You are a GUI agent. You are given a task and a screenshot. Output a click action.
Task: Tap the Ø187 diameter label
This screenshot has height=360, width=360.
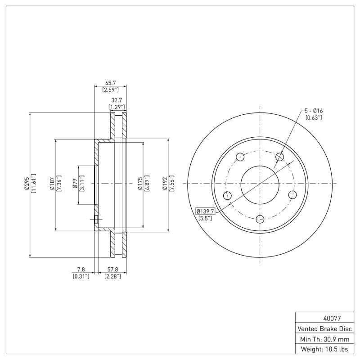click(52, 185)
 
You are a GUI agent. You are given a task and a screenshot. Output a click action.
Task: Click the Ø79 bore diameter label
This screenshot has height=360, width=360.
click(75, 185)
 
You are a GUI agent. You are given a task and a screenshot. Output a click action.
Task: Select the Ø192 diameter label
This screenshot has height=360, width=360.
click(166, 185)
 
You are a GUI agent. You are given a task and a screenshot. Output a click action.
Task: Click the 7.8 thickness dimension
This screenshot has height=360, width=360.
click(81, 270)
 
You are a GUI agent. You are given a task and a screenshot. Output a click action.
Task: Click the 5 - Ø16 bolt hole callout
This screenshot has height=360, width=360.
click(313, 111)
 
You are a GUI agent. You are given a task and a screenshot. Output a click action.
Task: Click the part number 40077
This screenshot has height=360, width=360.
click(323, 318)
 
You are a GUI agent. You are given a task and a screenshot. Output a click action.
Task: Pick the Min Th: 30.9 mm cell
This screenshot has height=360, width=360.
click(323, 338)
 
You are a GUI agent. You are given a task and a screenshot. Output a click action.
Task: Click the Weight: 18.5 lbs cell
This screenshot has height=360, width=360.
click(323, 349)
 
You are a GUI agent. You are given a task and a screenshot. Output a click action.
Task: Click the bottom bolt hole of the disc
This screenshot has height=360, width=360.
click(260, 219)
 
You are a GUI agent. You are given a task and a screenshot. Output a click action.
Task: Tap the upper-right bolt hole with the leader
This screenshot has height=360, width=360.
click(280, 157)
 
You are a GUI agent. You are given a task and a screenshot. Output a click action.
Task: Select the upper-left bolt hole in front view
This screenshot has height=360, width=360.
click(240, 157)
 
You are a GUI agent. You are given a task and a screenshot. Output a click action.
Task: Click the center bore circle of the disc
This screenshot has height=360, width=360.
click(260, 184)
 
